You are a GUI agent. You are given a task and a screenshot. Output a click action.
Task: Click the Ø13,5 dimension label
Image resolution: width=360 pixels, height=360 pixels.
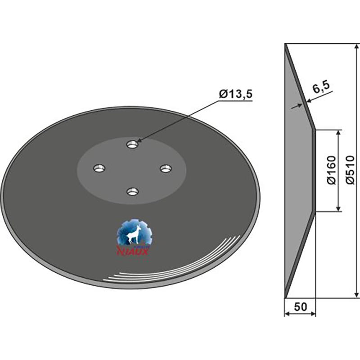pos(235,94)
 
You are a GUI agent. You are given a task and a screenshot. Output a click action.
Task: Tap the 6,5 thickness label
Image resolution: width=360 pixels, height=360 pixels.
pos(321,87)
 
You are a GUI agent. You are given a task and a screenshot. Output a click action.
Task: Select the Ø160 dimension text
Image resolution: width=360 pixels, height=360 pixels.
pos(332,170)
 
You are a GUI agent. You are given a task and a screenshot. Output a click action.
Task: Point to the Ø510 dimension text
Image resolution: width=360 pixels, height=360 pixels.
pos(350,170)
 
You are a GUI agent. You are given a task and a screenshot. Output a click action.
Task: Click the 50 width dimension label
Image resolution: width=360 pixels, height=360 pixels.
pos(300,307)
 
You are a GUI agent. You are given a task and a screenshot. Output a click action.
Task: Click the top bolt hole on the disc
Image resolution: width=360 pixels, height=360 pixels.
pos(132,145)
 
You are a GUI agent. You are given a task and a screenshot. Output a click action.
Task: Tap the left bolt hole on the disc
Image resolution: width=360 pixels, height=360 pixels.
pos(99,168)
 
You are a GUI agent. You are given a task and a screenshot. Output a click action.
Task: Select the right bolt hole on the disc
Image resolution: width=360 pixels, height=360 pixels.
pos(166,168)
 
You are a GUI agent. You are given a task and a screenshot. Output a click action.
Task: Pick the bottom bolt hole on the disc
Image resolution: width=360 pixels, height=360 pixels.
pos(132,192)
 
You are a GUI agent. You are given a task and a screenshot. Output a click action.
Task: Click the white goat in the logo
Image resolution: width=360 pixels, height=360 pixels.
pos(133,234)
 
